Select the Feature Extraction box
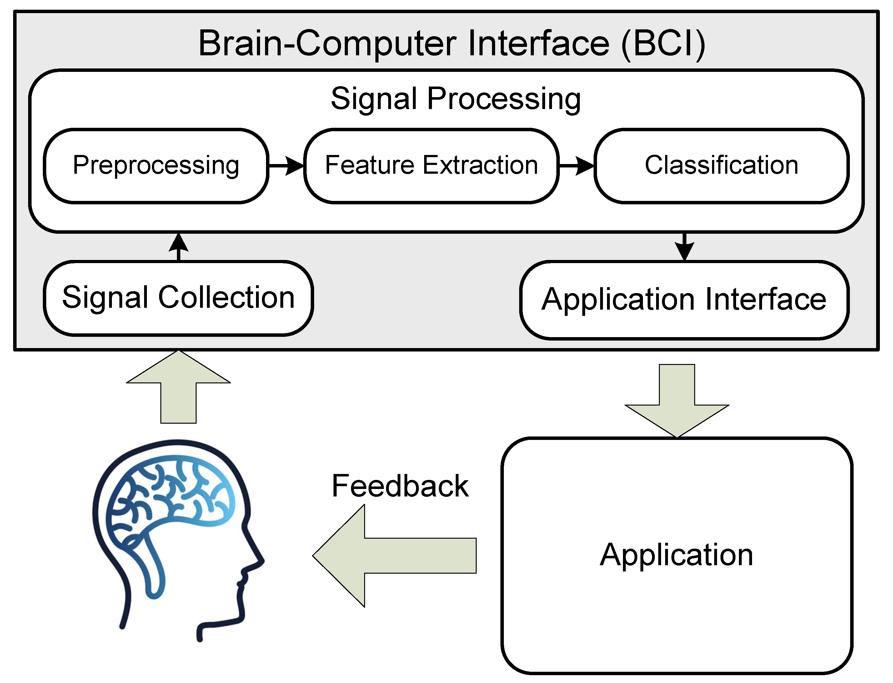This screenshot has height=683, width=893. [x=431, y=166]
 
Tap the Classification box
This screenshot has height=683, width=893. [x=721, y=166]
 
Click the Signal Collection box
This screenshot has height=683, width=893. [x=178, y=298]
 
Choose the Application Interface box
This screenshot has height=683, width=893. [x=684, y=300]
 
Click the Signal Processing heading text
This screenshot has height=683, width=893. [x=455, y=99]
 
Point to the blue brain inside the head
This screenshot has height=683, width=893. [x=171, y=500]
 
